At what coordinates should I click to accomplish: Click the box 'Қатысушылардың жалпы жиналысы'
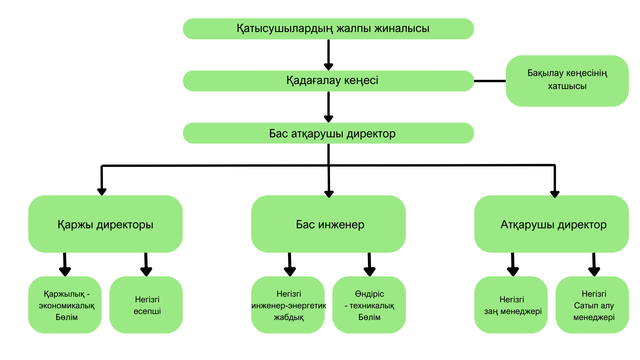(x=328, y=29)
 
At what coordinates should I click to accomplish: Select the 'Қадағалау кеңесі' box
(x=328, y=81)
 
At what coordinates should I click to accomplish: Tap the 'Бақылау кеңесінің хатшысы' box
(x=567, y=81)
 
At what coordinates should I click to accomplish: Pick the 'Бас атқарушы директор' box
(x=328, y=133)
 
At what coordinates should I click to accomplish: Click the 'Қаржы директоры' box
(x=105, y=224)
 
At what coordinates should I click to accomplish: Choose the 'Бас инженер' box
(x=328, y=224)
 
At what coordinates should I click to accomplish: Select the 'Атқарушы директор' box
(x=551, y=224)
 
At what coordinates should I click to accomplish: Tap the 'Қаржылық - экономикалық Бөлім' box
(x=65, y=305)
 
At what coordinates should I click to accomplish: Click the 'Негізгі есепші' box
(x=146, y=305)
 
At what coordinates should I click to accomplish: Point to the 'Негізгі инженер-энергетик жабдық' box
(x=288, y=305)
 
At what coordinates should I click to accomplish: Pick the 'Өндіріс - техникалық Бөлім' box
(x=369, y=305)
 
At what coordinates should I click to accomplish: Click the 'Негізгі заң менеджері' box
(x=511, y=305)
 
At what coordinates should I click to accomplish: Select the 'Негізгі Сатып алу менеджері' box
(x=592, y=305)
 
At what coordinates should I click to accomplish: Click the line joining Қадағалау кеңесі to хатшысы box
(x=490, y=81)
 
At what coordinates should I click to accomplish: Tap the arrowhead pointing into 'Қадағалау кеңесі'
(x=328, y=66)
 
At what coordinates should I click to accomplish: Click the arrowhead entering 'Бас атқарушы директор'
(x=328, y=119)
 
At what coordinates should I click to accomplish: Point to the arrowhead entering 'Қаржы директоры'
(x=102, y=191)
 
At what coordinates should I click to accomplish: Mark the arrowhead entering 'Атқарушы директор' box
(x=555, y=194)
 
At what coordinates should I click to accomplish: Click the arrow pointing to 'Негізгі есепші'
(x=146, y=264)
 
